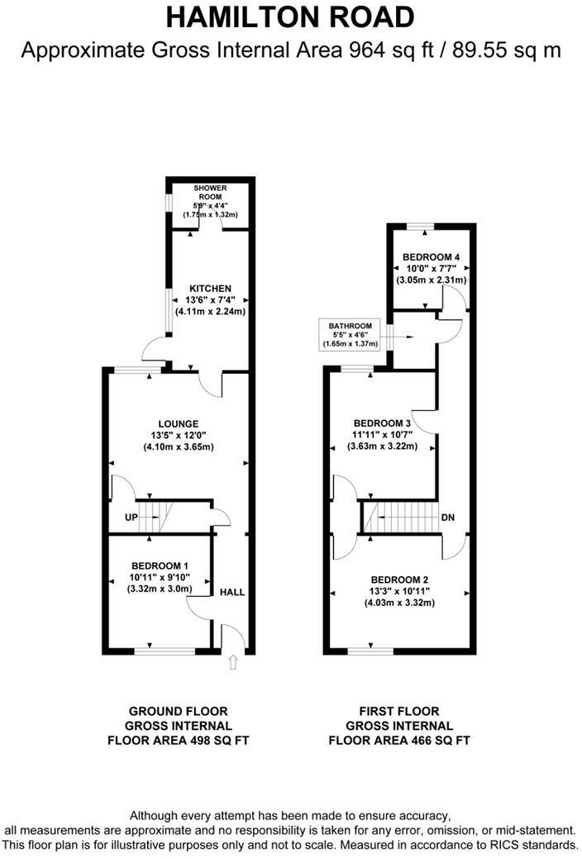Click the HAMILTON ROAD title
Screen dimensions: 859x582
(x=290, y=17)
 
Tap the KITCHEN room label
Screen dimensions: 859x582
(x=204, y=288)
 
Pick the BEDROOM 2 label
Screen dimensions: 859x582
(x=399, y=579)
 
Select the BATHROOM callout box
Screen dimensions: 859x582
(x=347, y=334)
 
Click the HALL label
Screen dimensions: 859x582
(x=232, y=593)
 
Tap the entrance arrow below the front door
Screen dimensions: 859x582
(x=233, y=661)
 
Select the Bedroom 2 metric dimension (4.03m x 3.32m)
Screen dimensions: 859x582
(x=399, y=603)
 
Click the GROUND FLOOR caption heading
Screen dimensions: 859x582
(x=178, y=711)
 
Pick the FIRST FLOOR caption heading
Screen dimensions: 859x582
(x=399, y=711)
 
